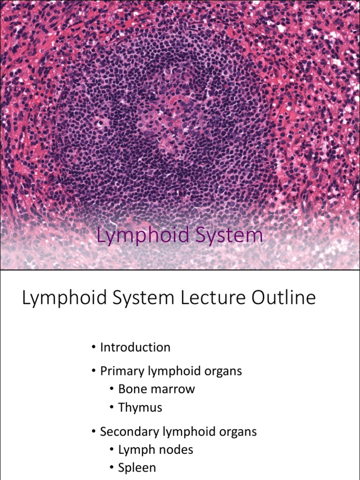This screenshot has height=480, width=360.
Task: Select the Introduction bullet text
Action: pos(135,347)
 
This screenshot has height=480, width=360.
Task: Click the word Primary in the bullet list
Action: pos(122,371)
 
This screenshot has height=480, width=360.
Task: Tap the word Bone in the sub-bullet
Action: pos(132,389)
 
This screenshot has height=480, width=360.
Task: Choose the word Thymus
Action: pos(140,407)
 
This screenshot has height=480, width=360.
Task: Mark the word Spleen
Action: pos(137,468)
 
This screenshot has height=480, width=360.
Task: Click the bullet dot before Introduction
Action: pos(94,347)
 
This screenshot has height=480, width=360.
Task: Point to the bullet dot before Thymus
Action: pos(112,408)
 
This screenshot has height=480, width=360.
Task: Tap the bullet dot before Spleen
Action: pos(112,468)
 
